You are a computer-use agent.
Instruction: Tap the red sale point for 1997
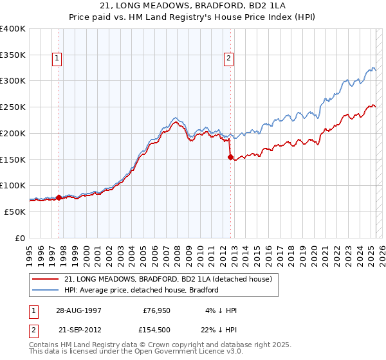click(59, 197)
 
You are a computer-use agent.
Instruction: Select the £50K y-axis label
click(15, 212)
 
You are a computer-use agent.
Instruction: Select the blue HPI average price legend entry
click(142, 290)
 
